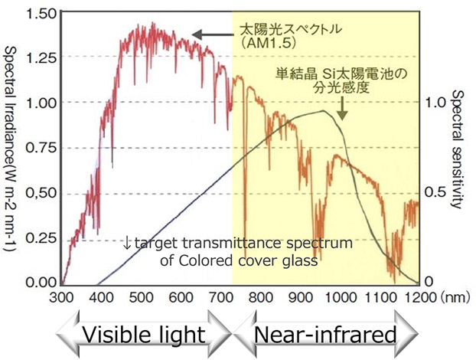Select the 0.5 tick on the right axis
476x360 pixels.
pyautogui.click(x=432, y=191)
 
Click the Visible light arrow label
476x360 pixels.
pyautogui.click(x=142, y=334)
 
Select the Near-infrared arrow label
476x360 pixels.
pyautogui.click(x=325, y=334)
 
